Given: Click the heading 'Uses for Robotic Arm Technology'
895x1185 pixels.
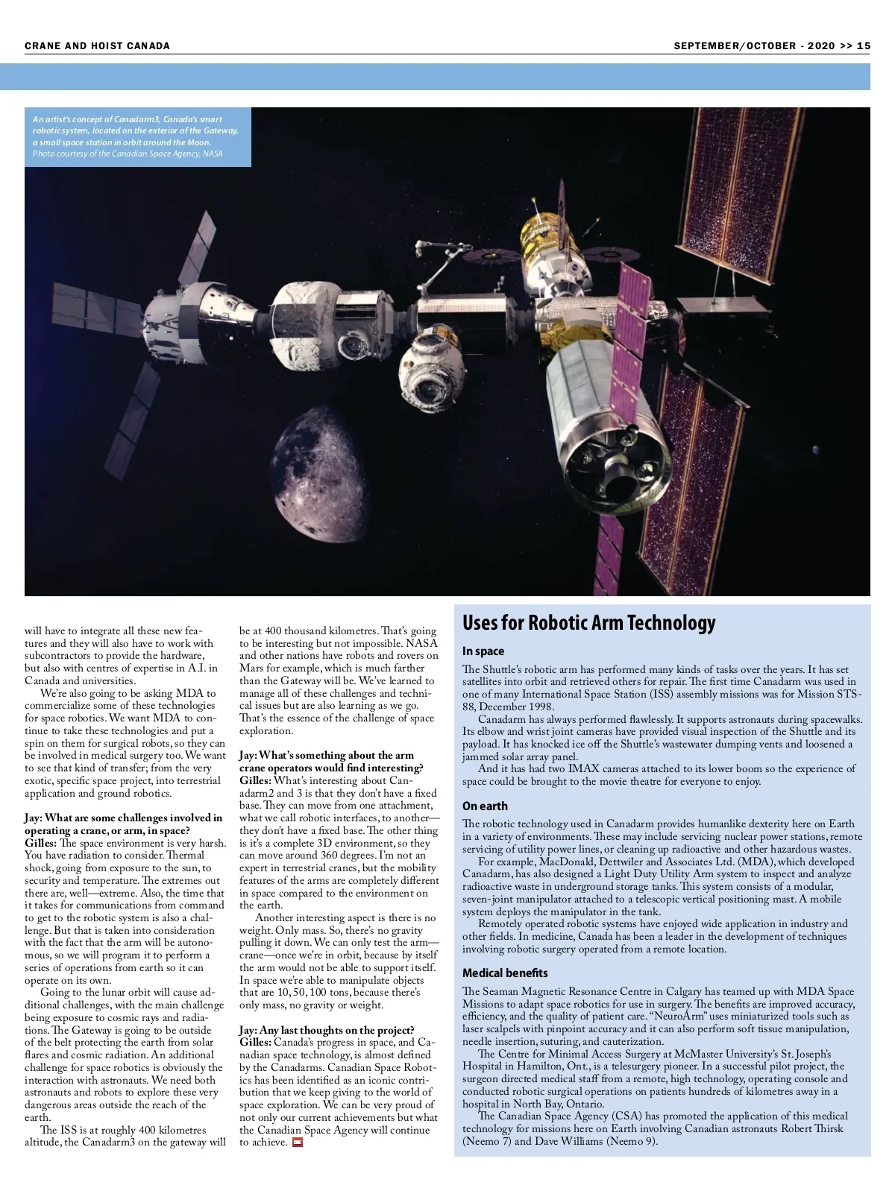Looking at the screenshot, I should point(588,623).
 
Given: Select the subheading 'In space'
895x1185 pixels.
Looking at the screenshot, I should point(483,651).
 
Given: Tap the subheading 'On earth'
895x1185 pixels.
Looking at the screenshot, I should point(485,806).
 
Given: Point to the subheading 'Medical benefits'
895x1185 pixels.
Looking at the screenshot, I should point(505,973).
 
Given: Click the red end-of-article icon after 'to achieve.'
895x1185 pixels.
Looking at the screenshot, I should point(298,1143).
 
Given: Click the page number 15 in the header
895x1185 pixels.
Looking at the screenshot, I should point(864,45).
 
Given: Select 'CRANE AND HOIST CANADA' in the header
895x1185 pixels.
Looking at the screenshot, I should point(97,45).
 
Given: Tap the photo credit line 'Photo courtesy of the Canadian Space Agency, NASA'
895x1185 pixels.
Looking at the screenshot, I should point(128,154).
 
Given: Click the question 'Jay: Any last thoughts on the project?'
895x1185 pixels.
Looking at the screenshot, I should point(327,1030).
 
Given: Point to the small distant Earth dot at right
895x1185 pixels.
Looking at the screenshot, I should point(816,449).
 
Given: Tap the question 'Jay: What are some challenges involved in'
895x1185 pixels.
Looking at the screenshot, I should point(123,818).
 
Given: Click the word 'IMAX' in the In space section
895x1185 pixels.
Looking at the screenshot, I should point(584,768).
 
